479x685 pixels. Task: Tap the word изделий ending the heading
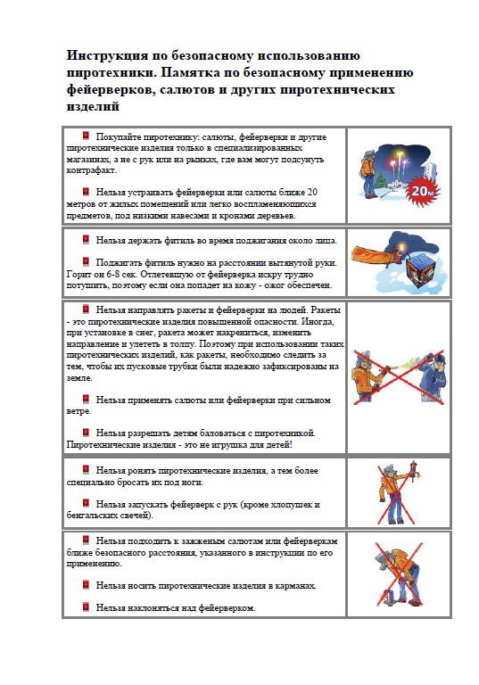point(93,106)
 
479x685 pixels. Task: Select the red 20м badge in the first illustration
point(423,191)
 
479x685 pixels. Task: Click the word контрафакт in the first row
point(92,170)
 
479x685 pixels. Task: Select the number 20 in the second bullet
point(312,192)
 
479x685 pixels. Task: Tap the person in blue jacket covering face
point(432,376)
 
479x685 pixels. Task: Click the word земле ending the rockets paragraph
point(79,378)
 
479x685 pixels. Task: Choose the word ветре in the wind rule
point(78,411)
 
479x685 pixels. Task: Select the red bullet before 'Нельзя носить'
point(86,585)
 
